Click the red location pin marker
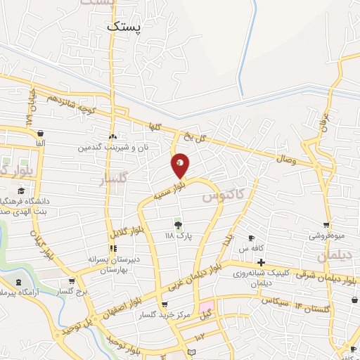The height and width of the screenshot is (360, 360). (x=181, y=165)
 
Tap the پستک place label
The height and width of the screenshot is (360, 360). (x=124, y=27)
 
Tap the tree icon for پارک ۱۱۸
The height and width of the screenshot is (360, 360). (x=179, y=225)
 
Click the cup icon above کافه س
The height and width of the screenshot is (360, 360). (x=252, y=238)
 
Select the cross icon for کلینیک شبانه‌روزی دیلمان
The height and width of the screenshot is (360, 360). (x=261, y=262)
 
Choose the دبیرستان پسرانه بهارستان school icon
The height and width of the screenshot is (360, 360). (x=112, y=248)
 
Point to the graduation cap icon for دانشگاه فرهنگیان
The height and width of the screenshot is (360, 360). (x=22, y=191)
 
